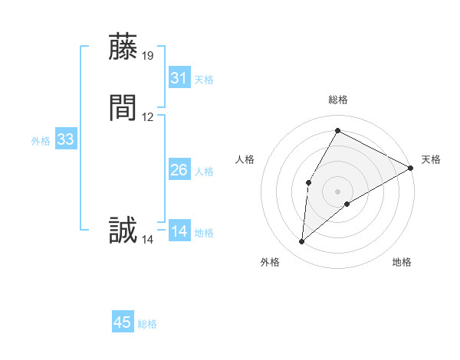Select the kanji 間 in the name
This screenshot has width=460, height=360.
click(x=123, y=108)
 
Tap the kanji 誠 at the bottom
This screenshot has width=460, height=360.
click(x=123, y=231)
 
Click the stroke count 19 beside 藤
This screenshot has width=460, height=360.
click(x=148, y=55)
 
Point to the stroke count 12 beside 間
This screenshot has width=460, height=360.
click(x=148, y=117)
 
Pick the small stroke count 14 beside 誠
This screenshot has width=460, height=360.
click(x=148, y=240)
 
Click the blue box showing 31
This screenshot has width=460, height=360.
click(x=179, y=77)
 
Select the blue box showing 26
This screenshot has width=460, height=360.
click(x=179, y=170)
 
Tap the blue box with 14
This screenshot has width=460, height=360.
click(x=179, y=231)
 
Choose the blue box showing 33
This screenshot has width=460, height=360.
click(x=65, y=139)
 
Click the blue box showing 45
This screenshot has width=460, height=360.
click(x=123, y=322)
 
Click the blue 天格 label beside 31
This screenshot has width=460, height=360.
click(x=204, y=79)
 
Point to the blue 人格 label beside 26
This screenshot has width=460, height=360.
click(x=204, y=172)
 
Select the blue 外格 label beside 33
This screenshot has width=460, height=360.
click(x=41, y=141)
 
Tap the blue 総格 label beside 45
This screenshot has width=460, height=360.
click(x=147, y=324)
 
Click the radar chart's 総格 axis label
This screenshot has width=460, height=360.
click(x=337, y=100)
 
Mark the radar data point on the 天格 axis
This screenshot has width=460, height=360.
click(x=411, y=169)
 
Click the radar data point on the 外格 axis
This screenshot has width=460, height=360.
click(x=302, y=242)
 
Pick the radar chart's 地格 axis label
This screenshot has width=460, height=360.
click(x=402, y=262)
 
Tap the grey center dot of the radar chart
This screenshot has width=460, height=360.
click(x=337, y=191)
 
